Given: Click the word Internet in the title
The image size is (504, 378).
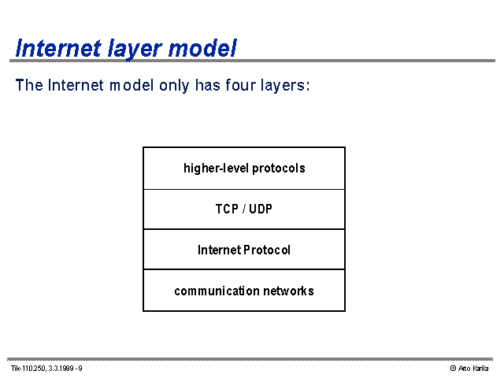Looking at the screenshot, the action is click(x=58, y=48).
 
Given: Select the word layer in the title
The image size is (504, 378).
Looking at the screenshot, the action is click(x=135, y=50).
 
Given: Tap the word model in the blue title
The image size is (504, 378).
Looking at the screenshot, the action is click(x=202, y=48).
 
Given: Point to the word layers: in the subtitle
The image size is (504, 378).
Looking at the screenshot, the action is click(x=285, y=86).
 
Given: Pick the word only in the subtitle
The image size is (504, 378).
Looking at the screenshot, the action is click(x=174, y=86).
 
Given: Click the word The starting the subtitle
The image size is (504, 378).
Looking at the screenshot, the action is click(x=29, y=85).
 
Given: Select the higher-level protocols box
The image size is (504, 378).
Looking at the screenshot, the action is click(x=244, y=168).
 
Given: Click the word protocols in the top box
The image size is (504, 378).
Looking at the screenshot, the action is click(x=279, y=169).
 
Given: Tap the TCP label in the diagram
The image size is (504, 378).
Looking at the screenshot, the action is click(x=227, y=209).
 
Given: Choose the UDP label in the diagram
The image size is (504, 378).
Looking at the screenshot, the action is click(x=261, y=209).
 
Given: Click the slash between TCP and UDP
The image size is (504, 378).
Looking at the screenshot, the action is click(x=244, y=209).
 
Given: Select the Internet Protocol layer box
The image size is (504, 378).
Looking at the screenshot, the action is click(x=244, y=250).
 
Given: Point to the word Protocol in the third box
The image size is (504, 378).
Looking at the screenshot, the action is click(x=267, y=250).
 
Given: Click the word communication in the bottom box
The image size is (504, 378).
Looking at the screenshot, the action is click(x=217, y=291).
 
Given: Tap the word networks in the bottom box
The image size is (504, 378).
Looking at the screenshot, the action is click(x=289, y=291).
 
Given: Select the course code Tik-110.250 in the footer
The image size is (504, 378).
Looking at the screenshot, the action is click(x=28, y=369).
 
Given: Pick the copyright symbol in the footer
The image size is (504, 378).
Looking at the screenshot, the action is click(x=454, y=369).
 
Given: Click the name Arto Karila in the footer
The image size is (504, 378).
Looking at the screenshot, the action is click(x=473, y=369).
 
